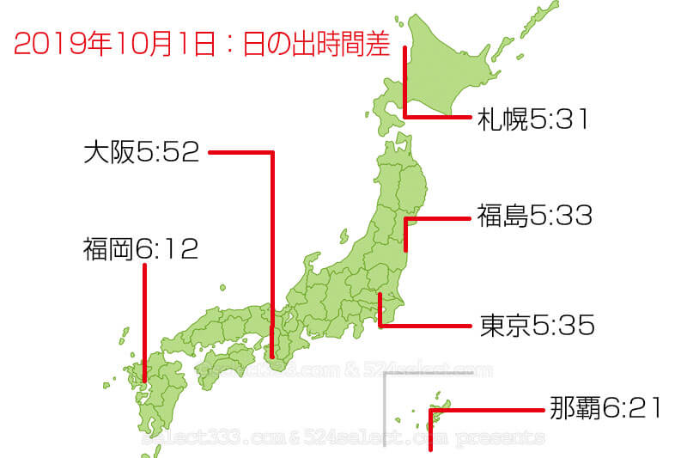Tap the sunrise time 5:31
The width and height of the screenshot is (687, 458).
pos(558,119)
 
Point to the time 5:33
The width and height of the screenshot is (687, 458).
pos(561,216)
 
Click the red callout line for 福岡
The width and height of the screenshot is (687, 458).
pos(144,318)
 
